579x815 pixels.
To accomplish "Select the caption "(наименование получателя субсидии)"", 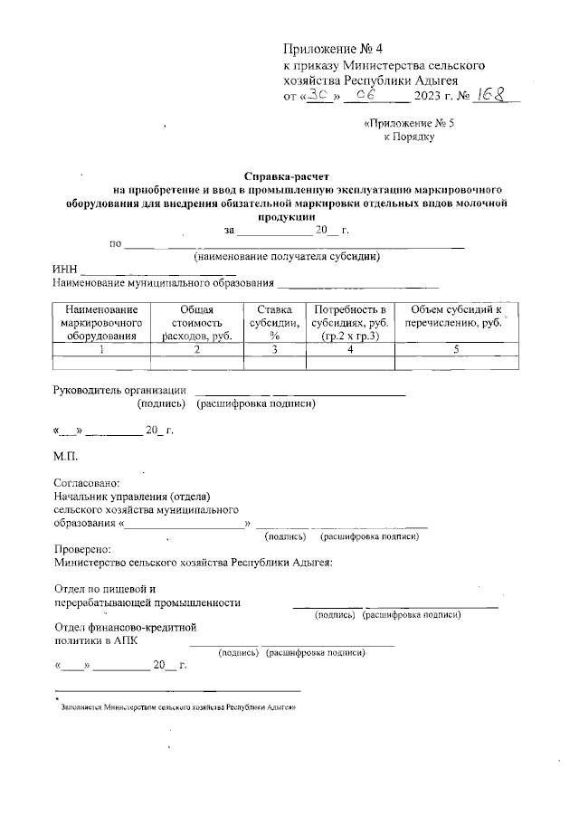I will tap(286, 258).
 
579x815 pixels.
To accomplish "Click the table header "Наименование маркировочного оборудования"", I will tap(100, 323).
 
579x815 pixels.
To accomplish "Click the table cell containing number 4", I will tap(348, 349).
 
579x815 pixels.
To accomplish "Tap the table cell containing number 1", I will tap(100, 349).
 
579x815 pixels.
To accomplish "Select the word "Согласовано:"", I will tap(86, 484).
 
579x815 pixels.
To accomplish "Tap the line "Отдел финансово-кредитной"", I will tap(125, 627).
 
